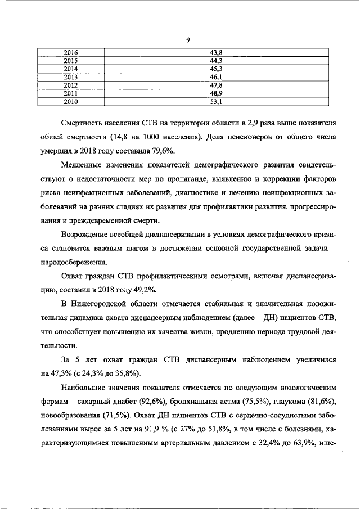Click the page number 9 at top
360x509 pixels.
tap(188, 39)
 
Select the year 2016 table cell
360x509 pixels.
tap(70, 53)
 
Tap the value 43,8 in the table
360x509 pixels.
tap(216, 53)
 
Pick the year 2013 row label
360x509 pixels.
tap(70, 77)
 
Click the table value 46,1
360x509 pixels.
tap(216, 77)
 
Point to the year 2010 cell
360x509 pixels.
tap(70, 102)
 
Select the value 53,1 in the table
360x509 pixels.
tap(216, 102)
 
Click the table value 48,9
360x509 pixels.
tap(216, 93)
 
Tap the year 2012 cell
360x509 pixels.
tap(70, 85)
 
